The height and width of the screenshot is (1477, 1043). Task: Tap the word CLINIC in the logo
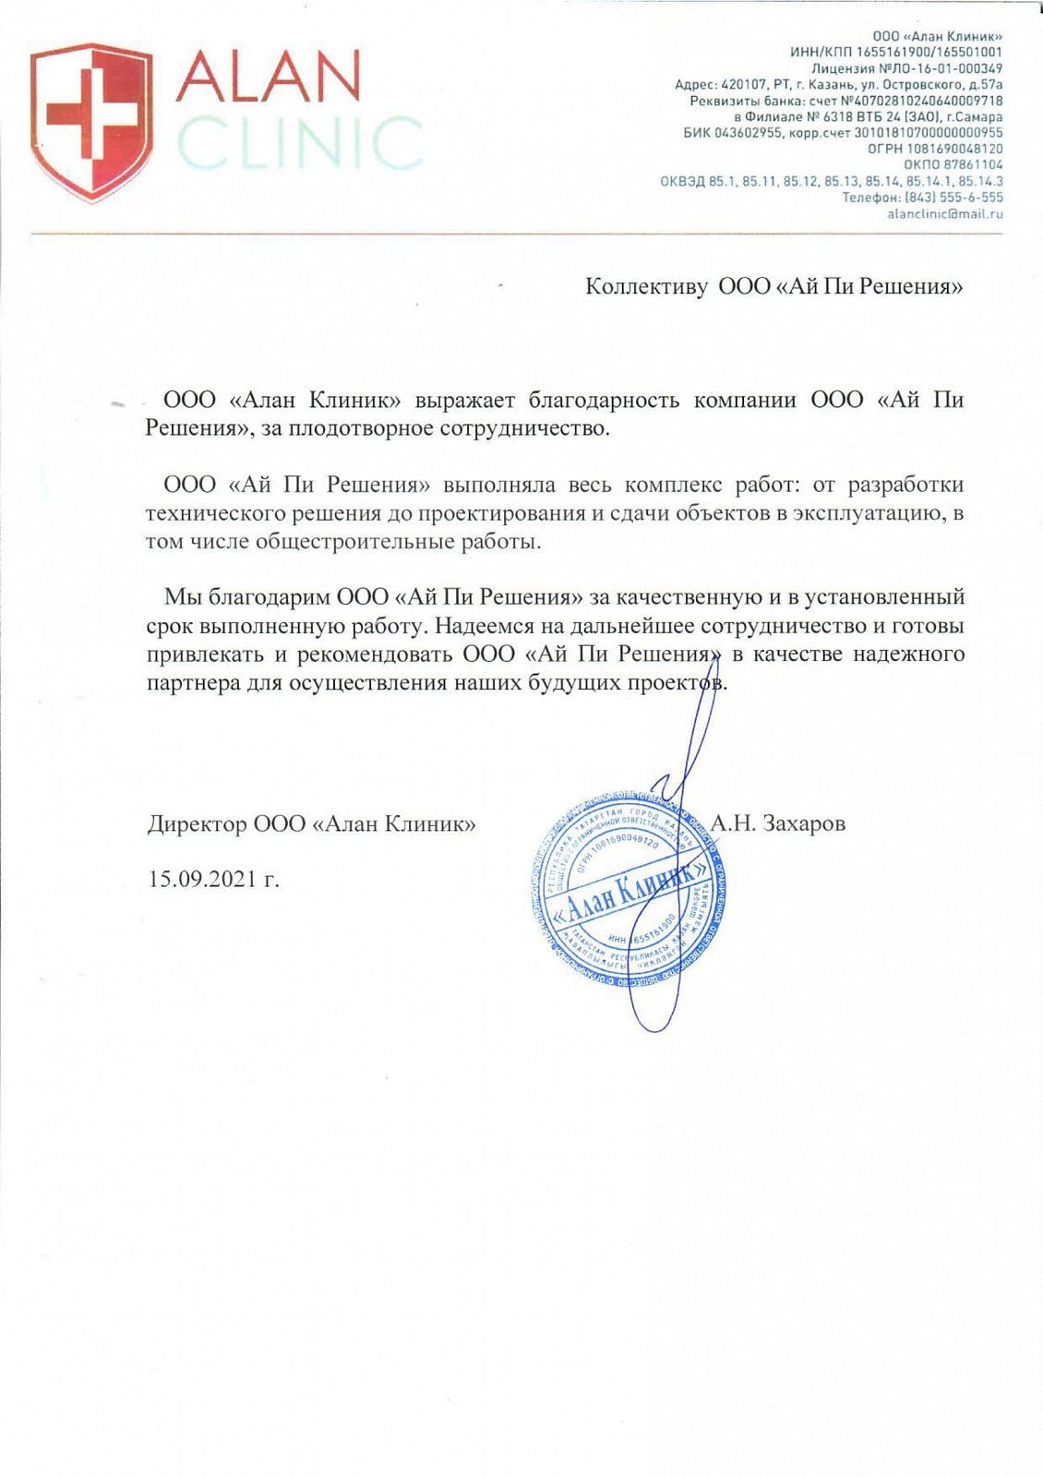coord(299,144)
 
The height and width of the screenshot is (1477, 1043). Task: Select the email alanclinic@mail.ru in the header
coord(944,214)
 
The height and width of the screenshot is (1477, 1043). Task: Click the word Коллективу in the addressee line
coord(646,286)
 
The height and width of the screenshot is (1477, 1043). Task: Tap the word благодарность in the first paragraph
coord(605,401)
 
